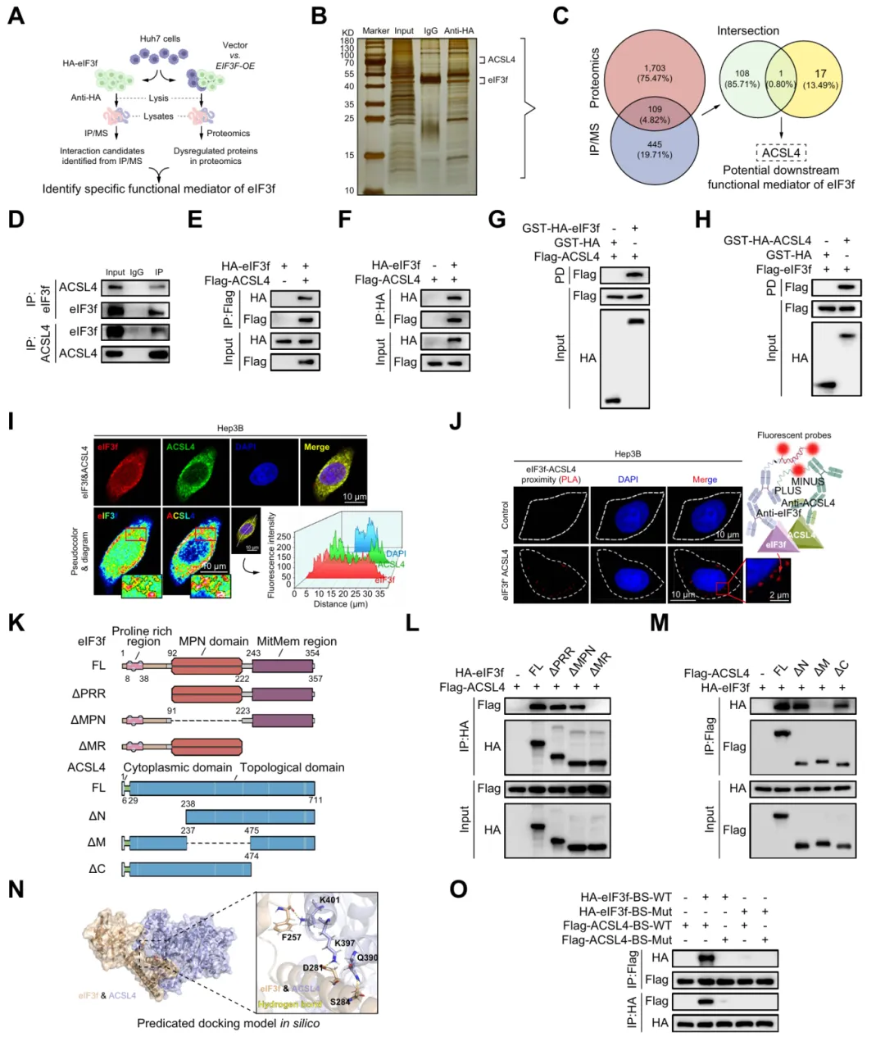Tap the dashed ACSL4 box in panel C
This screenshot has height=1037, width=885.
(x=781, y=152)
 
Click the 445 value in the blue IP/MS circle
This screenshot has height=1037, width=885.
(x=654, y=144)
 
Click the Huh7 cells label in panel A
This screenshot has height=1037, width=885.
(x=160, y=39)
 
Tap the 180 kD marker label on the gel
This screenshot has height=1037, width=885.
(x=347, y=41)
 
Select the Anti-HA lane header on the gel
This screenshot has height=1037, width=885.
(x=459, y=31)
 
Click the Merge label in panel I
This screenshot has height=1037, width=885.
(x=316, y=448)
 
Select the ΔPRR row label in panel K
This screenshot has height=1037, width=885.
(x=88, y=694)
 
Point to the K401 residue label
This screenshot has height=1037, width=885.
(x=330, y=899)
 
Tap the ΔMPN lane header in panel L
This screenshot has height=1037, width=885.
(x=580, y=661)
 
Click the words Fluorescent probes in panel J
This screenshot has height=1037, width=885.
(x=793, y=435)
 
